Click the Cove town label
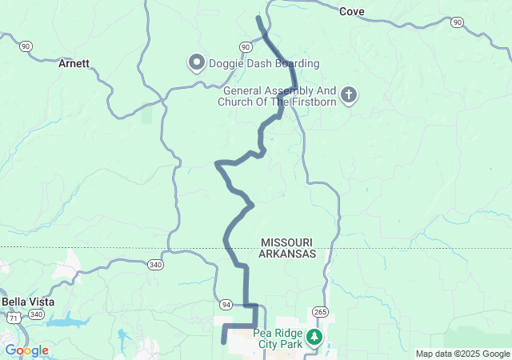(x=352, y=11)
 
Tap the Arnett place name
(x=74, y=63)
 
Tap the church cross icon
(x=348, y=96)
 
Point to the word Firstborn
(x=310, y=102)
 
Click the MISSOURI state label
(x=286, y=242)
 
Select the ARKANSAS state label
(x=287, y=254)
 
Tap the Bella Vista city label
(x=25, y=301)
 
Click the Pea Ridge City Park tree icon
(x=315, y=337)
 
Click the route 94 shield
(x=226, y=305)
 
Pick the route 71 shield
(x=14, y=318)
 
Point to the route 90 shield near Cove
(x=456, y=22)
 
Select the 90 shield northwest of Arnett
(x=26, y=47)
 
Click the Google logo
(x=26, y=350)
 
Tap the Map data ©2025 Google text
(x=462, y=354)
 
